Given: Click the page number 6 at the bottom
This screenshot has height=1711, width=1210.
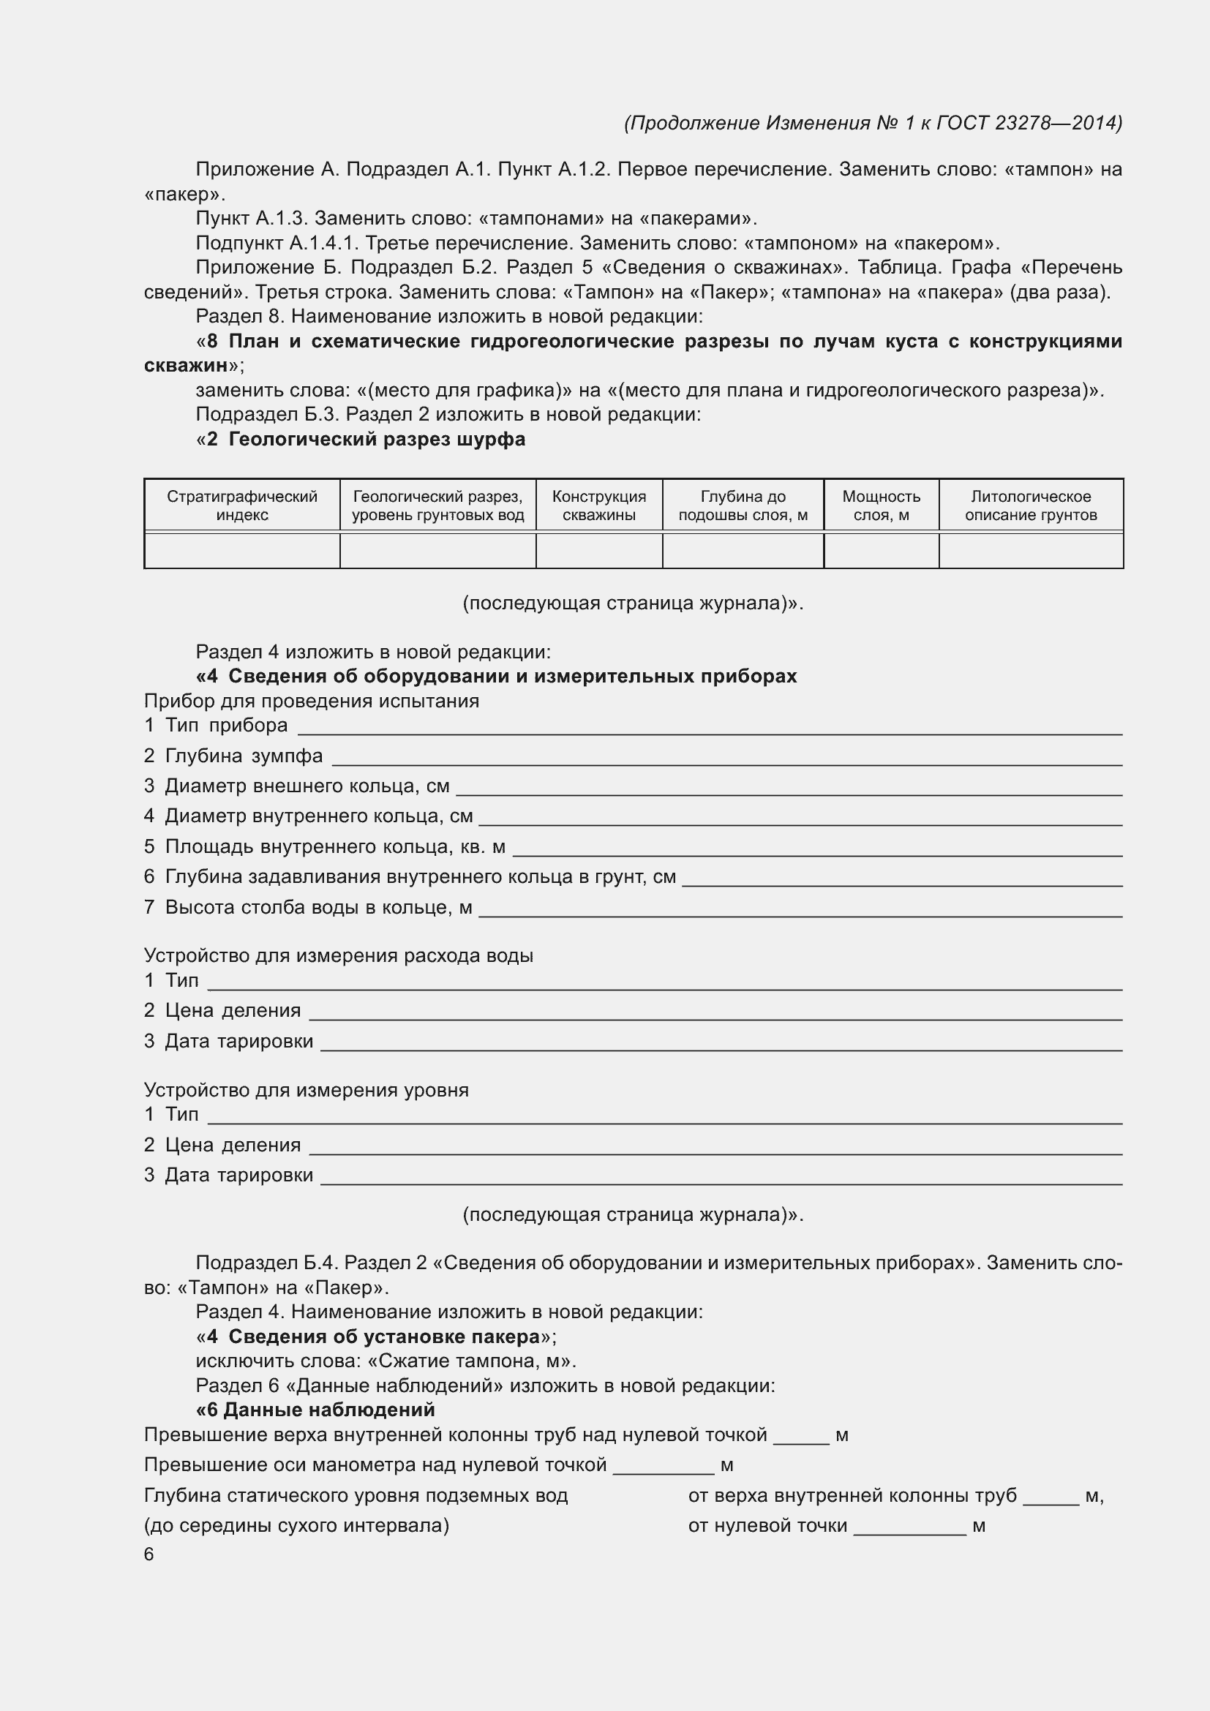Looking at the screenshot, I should [149, 1554].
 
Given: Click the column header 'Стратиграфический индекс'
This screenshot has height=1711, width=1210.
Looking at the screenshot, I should [241, 505].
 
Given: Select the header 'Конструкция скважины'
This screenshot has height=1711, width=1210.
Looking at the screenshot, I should [599, 505].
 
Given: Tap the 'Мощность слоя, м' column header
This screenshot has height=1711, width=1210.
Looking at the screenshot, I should [881, 505].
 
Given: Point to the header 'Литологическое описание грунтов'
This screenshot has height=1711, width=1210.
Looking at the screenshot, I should [1031, 505].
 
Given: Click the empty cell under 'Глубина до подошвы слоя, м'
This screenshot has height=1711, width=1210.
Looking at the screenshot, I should [743, 551].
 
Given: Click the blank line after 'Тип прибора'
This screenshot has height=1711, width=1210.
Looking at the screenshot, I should [708, 726].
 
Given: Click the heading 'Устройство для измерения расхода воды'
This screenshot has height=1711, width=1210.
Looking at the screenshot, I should [338, 955].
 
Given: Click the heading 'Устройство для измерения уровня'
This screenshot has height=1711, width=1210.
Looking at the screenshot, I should [307, 1089].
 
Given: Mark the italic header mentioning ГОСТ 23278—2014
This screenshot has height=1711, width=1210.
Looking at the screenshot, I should [873, 122].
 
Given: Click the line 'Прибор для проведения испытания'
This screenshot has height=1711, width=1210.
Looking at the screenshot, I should [312, 701].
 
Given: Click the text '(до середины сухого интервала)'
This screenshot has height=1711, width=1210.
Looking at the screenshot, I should [296, 1525].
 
